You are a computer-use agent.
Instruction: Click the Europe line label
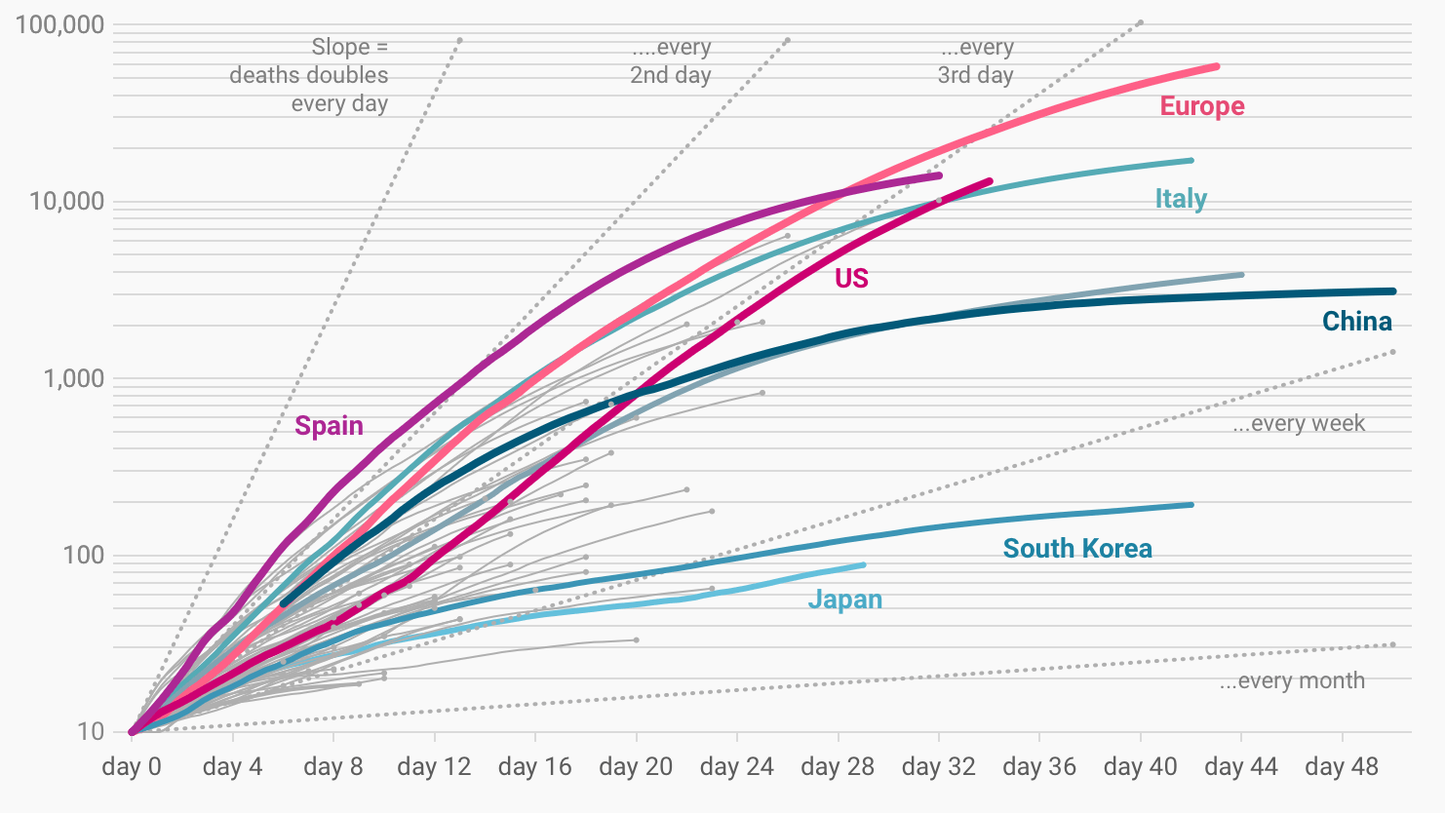tap(1201, 106)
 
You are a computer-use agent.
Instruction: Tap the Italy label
tap(1181, 199)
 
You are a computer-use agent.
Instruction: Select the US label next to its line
tap(851, 279)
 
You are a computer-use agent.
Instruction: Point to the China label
tap(1356, 322)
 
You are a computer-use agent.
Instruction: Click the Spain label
tap(329, 426)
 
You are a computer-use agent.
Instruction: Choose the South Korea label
tap(1077, 549)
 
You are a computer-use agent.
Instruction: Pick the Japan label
tap(844, 600)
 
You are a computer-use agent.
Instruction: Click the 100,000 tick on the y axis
tap(59, 24)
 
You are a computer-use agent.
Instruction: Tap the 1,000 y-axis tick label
tap(73, 378)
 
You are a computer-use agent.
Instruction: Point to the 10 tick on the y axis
tap(91, 731)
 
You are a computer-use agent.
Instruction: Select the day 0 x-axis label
tap(132, 766)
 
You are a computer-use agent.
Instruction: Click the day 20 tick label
tap(636, 766)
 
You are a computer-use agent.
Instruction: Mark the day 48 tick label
tap(1342, 766)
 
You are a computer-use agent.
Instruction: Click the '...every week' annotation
tap(1299, 423)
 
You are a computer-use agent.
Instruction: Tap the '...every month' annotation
tap(1292, 680)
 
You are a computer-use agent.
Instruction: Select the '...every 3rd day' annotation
tap(976, 61)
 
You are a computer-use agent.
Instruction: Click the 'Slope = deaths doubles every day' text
tap(309, 75)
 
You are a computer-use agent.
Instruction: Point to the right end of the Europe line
tap(1217, 66)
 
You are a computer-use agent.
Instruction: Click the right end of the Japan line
tap(863, 565)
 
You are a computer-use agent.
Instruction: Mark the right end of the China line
tap(1393, 290)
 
